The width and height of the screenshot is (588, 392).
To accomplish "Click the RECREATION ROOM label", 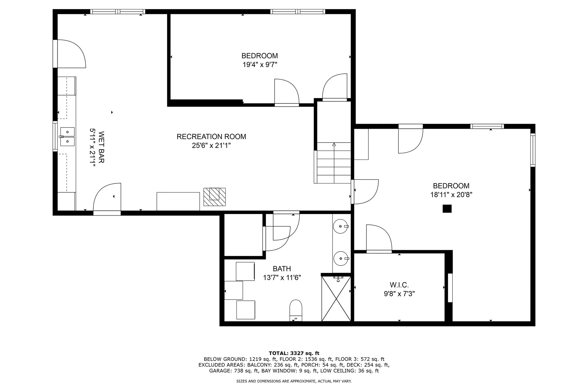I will point(211,137).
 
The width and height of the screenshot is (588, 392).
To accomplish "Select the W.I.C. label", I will point(399,285).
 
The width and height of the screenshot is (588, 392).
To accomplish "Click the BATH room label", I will point(282,269).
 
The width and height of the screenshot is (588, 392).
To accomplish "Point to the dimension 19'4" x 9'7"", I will point(260,65).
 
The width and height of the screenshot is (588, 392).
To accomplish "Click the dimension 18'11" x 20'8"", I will point(451,194).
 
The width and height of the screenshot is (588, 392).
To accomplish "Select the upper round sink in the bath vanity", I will point(341,226).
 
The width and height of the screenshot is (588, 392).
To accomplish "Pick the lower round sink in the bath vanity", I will point(341,258).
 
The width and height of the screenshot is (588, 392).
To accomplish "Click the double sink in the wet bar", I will point(67,137).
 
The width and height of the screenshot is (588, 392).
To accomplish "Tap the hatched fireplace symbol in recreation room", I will point(214,197).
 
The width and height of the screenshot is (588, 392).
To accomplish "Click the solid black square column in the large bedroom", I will point(447,209).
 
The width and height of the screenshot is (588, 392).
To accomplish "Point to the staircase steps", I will point(334,163).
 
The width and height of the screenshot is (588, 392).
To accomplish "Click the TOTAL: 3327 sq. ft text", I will point(294,353).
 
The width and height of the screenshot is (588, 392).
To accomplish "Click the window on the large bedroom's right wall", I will point(533,150).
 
